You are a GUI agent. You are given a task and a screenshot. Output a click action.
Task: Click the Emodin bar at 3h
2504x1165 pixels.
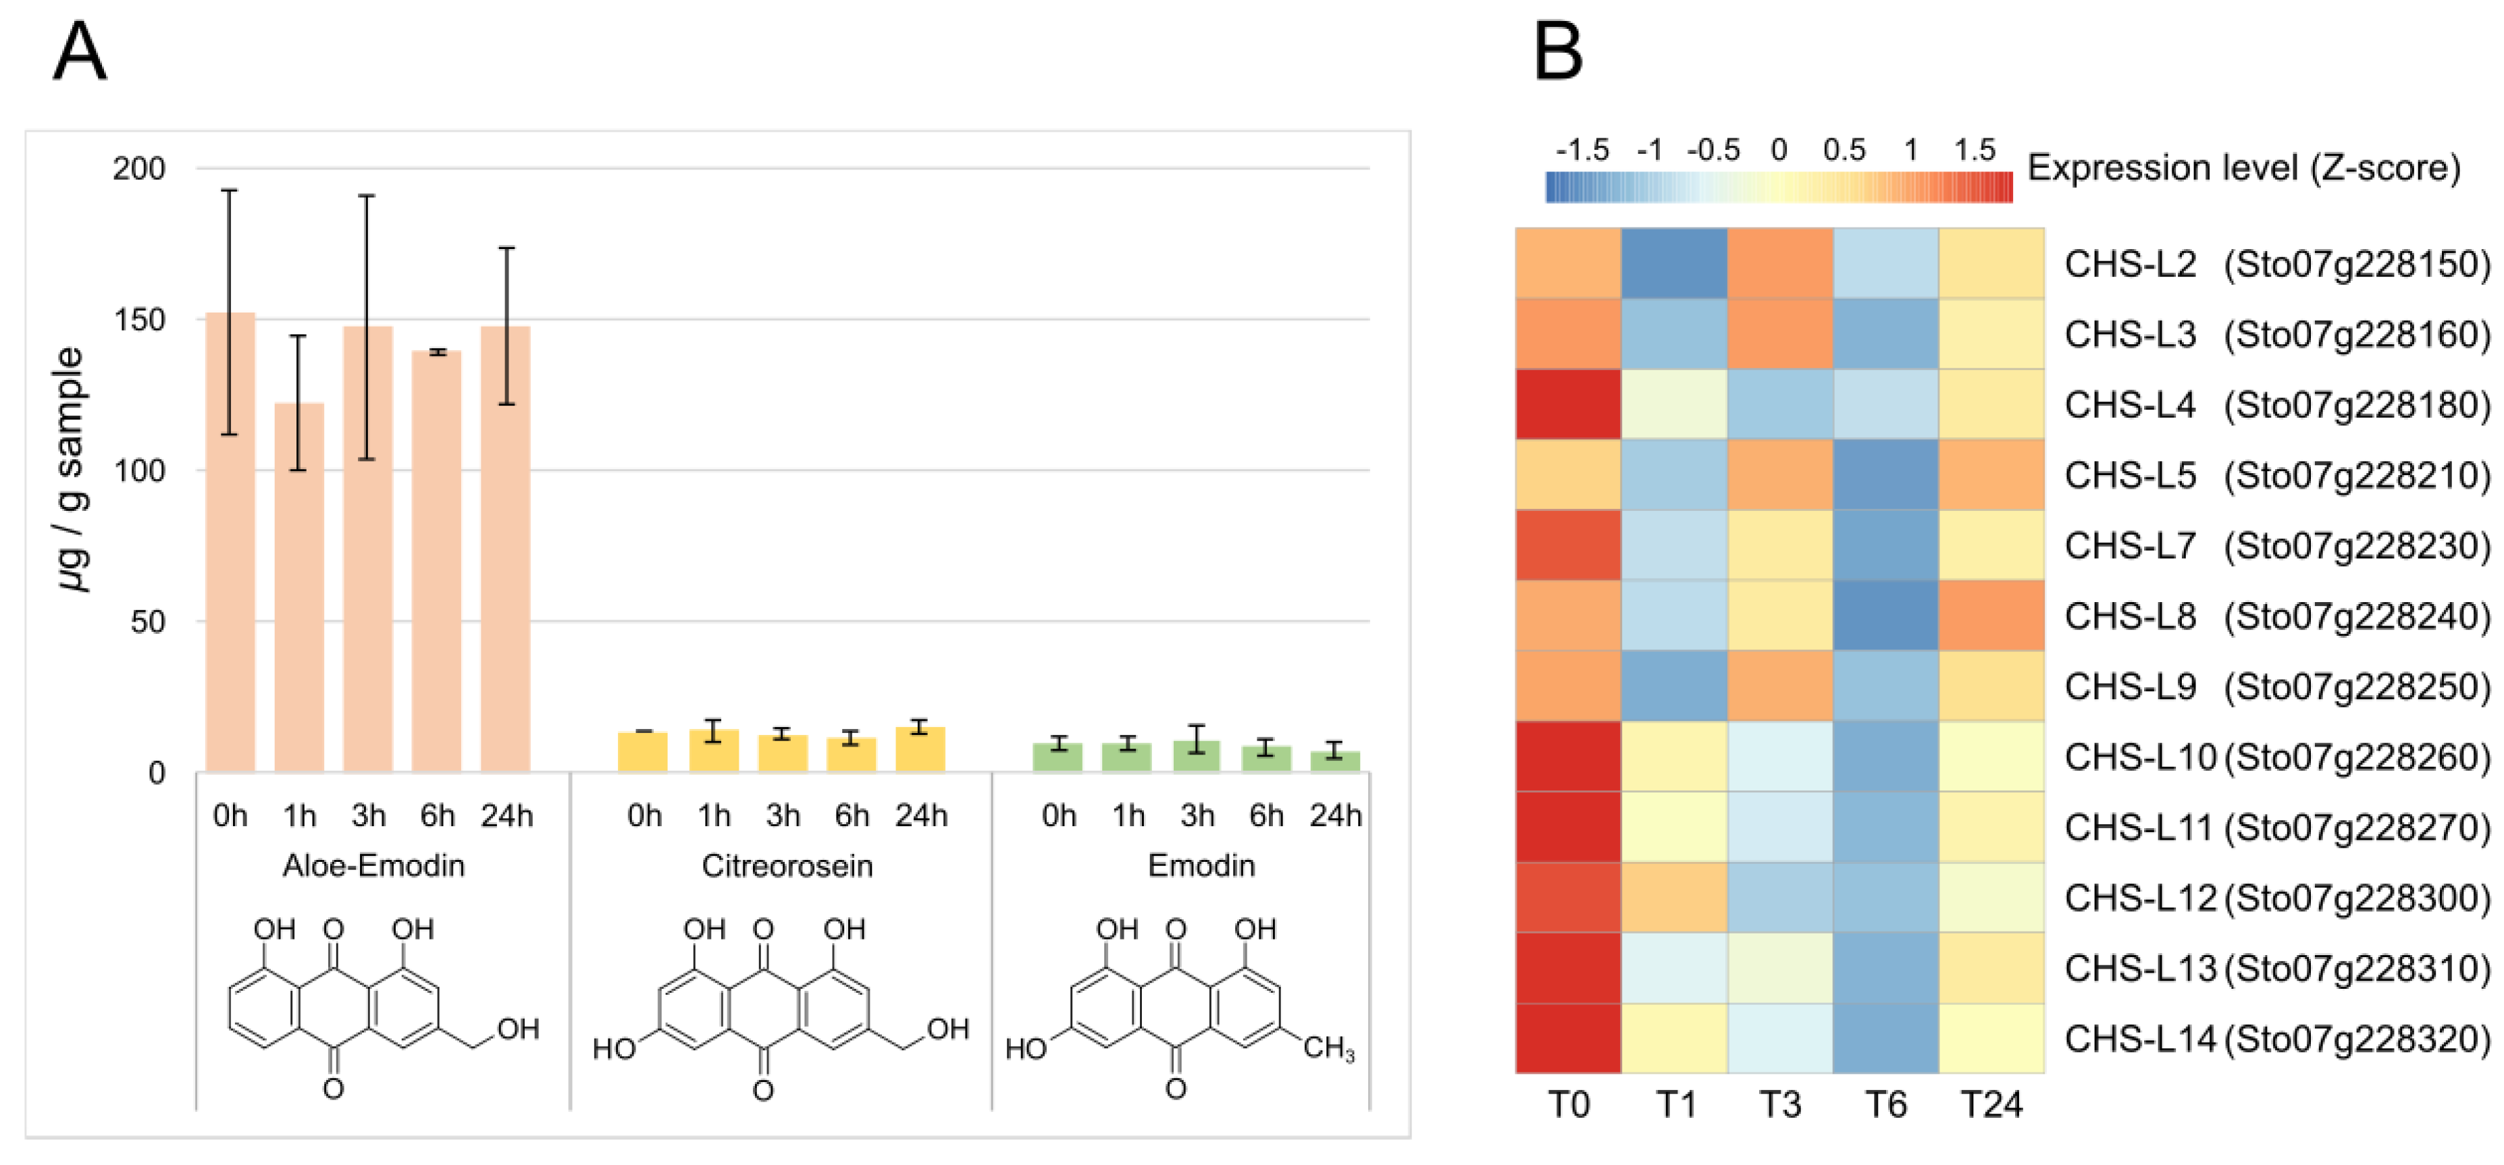click(x=1197, y=756)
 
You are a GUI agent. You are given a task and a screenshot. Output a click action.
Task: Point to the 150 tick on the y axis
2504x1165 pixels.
click(x=139, y=320)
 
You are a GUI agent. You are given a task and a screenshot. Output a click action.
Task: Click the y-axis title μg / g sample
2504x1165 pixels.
click(x=71, y=469)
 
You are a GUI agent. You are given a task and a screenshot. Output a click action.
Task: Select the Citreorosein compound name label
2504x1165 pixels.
click(x=787, y=866)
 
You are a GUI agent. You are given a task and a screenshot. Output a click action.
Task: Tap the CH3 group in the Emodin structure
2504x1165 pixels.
click(x=1328, y=1048)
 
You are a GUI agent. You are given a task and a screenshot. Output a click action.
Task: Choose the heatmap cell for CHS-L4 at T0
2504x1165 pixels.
click(x=1568, y=404)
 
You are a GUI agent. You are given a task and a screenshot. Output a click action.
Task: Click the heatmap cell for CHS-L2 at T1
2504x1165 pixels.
click(x=1674, y=263)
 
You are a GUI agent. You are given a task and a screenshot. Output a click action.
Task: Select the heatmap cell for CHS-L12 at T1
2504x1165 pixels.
click(x=1674, y=898)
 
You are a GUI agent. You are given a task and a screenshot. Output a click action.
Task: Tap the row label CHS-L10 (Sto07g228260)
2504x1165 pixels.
click(x=2276, y=757)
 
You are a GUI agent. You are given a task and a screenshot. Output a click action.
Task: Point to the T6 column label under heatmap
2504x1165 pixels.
click(x=1885, y=1105)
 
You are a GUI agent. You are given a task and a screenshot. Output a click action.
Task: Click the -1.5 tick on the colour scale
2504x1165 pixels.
click(x=1582, y=151)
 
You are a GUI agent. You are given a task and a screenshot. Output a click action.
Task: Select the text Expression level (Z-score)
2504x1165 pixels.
click(x=2243, y=168)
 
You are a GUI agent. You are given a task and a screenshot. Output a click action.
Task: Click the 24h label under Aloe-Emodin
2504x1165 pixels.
click(x=506, y=815)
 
